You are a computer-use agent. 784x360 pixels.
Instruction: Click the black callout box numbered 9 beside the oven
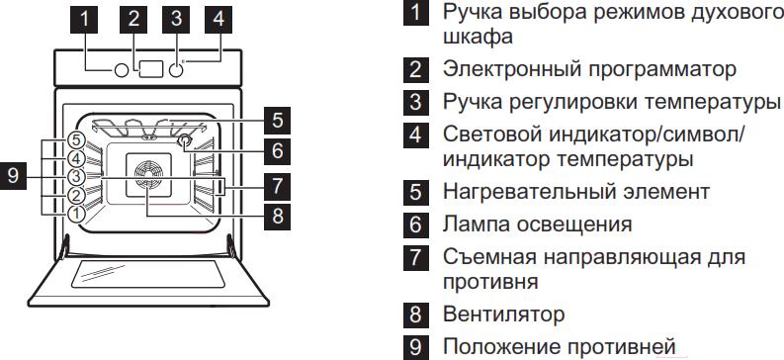[x=14, y=176]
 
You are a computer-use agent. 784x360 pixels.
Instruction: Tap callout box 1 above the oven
[x=84, y=19]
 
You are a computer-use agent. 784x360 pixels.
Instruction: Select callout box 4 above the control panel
[x=218, y=19]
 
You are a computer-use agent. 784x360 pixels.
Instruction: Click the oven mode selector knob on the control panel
[x=121, y=70]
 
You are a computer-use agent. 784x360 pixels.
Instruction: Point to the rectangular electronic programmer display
[x=151, y=69]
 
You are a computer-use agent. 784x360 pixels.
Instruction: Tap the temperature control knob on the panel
[x=176, y=70]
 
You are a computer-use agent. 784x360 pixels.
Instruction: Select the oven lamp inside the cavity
[x=184, y=140]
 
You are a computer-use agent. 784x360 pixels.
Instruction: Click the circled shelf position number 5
[x=75, y=139]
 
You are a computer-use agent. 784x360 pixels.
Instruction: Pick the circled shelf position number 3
[x=75, y=176]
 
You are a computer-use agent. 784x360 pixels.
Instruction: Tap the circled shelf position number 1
[x=75, y=214]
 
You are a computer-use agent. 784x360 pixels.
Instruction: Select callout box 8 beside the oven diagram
[x=277, y=216]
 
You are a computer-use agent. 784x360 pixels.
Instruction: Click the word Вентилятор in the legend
[x=504, y=315]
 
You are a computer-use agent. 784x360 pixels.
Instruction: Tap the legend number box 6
[x=416, y=225]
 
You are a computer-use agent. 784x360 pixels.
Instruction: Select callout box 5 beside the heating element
[x=277, y=121]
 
